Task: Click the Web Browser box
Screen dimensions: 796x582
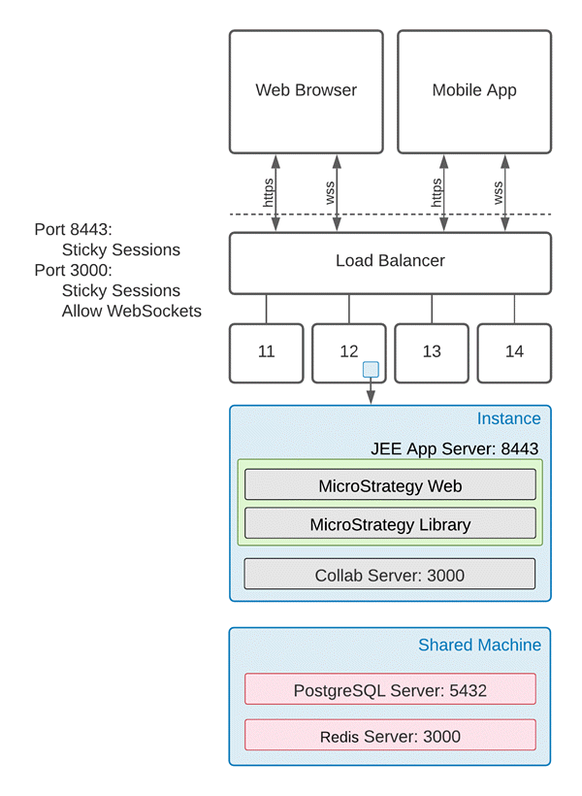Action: (x=306, y=91)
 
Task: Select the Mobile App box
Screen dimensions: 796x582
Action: (x=474, y=91)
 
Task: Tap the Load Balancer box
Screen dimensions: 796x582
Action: (x=390, y=261)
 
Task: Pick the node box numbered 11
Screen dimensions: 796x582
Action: (x=266, y=351)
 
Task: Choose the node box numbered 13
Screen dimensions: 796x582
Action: (x=432, y=351)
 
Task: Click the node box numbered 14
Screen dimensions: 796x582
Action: (x=514, y=351)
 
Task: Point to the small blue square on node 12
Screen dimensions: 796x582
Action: (x=371, y=370)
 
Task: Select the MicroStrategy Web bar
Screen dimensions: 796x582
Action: (x=390, y=485)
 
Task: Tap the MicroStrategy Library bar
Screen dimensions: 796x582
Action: (x=390, y=524)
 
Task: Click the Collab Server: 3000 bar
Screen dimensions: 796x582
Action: (x=390, y=575)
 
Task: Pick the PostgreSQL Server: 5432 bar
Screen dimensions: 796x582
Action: (x=390, y=690)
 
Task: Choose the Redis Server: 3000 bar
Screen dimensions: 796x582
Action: (x=390, y=736)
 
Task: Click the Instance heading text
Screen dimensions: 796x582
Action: (x=508, y=418)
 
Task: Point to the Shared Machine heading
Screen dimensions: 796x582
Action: (x=479, y=645)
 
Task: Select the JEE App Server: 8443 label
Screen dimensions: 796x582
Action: (x=454, y=448)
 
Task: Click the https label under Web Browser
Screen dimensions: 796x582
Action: (x=269, y=192)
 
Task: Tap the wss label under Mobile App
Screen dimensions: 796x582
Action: (x=499, y=192)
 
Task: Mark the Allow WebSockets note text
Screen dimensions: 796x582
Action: (x=132, y=311)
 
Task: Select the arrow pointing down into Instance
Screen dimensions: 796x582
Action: (x=371, y=393)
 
